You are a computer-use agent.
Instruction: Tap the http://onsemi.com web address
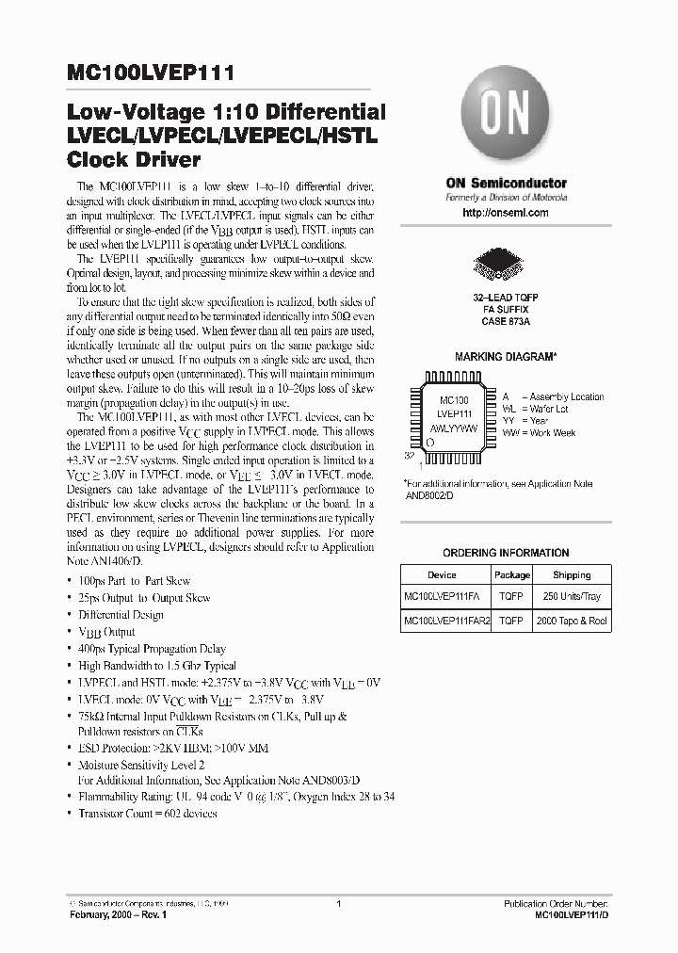(506, 213)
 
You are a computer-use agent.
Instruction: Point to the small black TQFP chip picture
(505, 264)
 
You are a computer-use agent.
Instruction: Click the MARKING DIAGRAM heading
(506, 358)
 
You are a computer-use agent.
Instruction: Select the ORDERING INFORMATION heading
(506, 553)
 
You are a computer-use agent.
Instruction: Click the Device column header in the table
(442, 574)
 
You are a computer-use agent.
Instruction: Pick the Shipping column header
(572, 574)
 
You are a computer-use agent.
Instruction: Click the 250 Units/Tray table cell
(572, 597)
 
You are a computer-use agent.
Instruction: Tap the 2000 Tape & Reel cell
(572, 622)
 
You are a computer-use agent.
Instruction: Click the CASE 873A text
(506, 322)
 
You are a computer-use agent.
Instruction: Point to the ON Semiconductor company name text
(506, 183)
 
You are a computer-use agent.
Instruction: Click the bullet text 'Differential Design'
(121, 615)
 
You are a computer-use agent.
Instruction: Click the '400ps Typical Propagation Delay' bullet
(152, 649)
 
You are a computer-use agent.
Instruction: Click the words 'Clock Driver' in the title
(134, 159)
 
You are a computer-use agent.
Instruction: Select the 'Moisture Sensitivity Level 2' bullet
(140, 767)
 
